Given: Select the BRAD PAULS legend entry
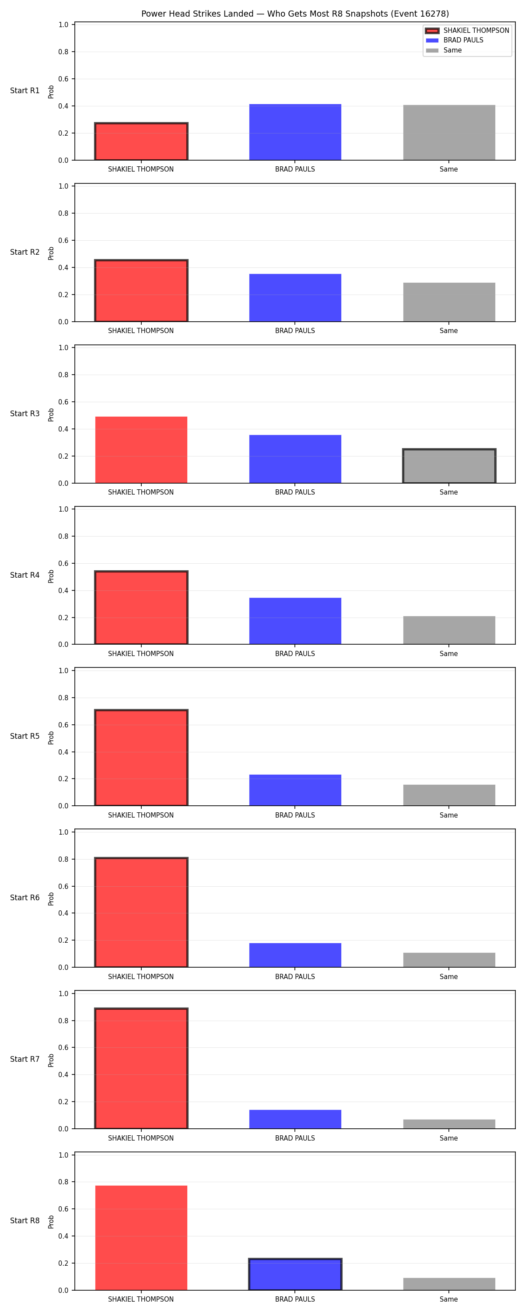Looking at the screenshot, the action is pyautogui.click(x=454, y=40).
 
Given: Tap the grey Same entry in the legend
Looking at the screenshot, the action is pyautogui.click(x=444, y=50).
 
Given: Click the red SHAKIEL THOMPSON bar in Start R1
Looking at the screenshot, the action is pyautogui.click(x=141, y=141).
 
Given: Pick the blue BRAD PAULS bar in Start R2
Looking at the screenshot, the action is pyautogui.click(x=295, y=298).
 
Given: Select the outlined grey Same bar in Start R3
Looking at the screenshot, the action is pyautogui.click(x=449, y=466).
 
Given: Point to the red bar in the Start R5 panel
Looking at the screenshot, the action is pyautogui.click(x=141, y=758).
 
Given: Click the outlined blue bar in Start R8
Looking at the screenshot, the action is pyautogui.click(x=295, y=1274).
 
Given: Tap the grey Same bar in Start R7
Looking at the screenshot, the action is pyautogui.click(x=449, y=1124).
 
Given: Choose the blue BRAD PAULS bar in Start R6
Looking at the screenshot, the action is pyautogui.click(x=295, y=955).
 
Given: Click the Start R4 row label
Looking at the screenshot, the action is pyautogui.click(x=24, y=575).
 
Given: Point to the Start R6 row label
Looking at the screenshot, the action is pyautogui.click(x=24, y=898).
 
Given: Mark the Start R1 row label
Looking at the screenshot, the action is pyautogui.click(x=24, y=91).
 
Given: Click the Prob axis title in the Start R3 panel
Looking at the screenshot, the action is pyautogui.click(x=51, y=414).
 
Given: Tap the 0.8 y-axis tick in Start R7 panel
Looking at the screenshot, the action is pyautogui.click(x=63, y=1021).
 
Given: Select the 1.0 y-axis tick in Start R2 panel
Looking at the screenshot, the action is pyautogui.click(x=63, y=186).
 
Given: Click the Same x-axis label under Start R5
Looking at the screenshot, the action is pyautogui.click(x=448, y=815).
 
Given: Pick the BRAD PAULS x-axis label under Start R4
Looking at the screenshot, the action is pyautogui.click(x=295, y=653).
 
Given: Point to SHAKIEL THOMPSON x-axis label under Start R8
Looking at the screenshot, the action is pyautogui.click(x=141, y=1299).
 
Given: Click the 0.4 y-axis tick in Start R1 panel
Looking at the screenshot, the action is pyautogui.click(x=63, y=106).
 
